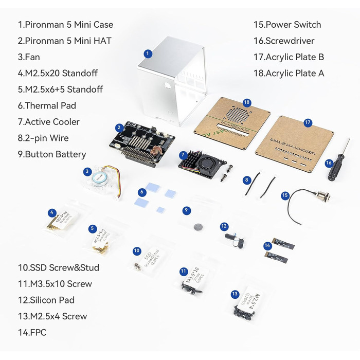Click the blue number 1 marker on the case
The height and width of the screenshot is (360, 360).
coord(148,53)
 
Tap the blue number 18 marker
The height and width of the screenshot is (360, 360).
coord(247,102)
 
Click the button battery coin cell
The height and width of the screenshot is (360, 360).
coord(198,225)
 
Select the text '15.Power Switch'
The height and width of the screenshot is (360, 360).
coord(287,25)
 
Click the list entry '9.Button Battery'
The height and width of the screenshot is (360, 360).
coord(52,154)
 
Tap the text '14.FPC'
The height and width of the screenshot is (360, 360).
coord(32,333)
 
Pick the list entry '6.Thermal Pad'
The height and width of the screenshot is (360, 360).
coord(47,105)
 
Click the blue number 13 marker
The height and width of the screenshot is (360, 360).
coord(235,294)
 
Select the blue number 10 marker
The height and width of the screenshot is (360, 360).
coord(137,251)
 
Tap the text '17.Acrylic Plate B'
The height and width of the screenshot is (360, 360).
coord(289,57)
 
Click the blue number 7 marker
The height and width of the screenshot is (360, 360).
coord(183,155)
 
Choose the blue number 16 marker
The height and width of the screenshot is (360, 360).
coord(329,163)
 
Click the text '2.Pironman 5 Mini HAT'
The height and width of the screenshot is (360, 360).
coord(64,41)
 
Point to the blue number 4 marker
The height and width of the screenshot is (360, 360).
coord(51,212)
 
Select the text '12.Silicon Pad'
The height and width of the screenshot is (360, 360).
coord(46,300)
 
